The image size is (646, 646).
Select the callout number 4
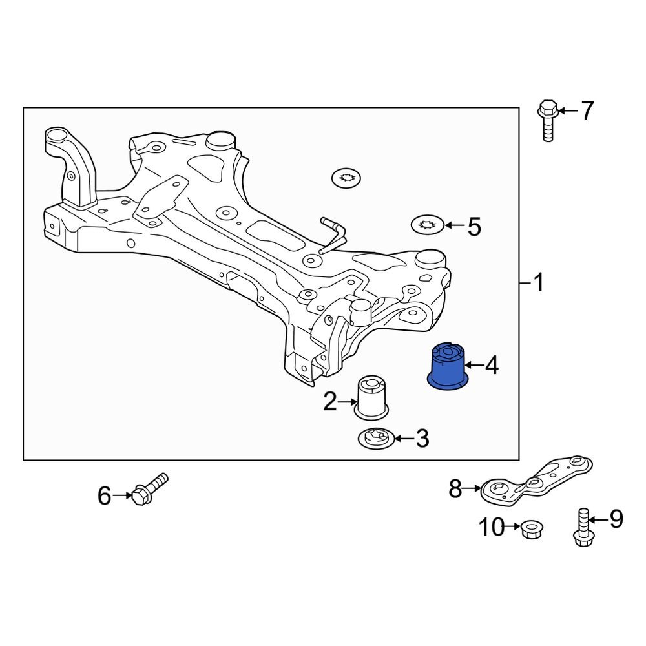point(492,367)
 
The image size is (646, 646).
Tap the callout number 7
point(586,111)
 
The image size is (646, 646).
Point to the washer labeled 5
point(427,225)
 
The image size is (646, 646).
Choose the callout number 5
point(474,227)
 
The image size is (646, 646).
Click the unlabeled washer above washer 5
point(346,177)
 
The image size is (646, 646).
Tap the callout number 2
point(330,402)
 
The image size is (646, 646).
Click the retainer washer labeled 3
point(375,439)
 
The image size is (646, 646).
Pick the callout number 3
point(421,439)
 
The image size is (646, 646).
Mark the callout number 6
point(105,496)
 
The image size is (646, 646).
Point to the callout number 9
point(616,519)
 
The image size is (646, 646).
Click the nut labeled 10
point(531,530)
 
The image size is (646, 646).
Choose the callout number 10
point(492,528)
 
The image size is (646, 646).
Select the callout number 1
point(538,283)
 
